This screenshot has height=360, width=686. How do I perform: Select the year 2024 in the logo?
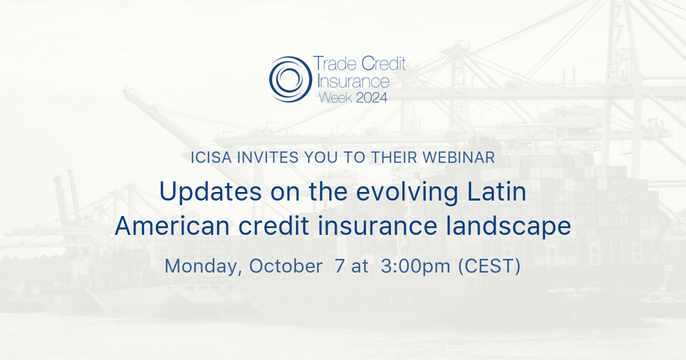pos(372,97)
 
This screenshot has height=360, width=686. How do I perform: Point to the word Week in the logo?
pos(336,97)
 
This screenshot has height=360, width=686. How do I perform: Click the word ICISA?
pos(211,158)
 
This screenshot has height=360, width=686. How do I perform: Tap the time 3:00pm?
pos(416,266)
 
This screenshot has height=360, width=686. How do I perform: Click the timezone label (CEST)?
pos(490,266)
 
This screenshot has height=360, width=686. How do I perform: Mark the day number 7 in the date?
pos(340,266)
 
